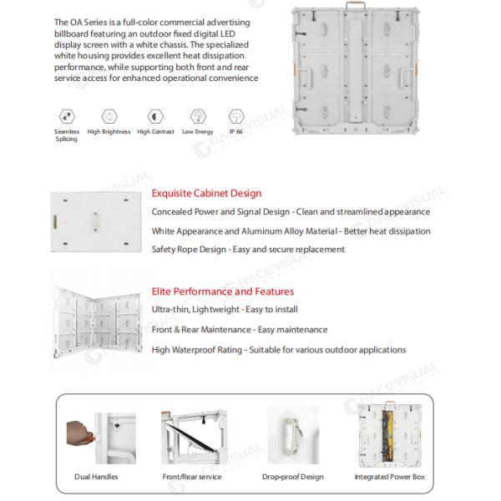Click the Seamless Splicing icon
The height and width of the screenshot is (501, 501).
point(67,116)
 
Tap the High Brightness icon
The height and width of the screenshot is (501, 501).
point(109,116)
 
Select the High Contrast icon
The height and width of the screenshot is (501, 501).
point(154,116)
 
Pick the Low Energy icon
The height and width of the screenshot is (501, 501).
point(198,116)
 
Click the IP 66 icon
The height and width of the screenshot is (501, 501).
point(235,116)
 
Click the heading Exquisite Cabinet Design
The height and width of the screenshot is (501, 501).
point(206,194)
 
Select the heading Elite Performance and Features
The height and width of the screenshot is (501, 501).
point(222,291)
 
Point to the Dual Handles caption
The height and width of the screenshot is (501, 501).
point(96,477)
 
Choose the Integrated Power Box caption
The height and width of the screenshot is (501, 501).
point(390,477)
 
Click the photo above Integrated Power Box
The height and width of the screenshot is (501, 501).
point(389,434)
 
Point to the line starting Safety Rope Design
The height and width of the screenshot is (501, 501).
point(248,250)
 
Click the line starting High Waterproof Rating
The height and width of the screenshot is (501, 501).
point(279,349)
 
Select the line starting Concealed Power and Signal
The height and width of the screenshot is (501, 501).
point(291,212)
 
